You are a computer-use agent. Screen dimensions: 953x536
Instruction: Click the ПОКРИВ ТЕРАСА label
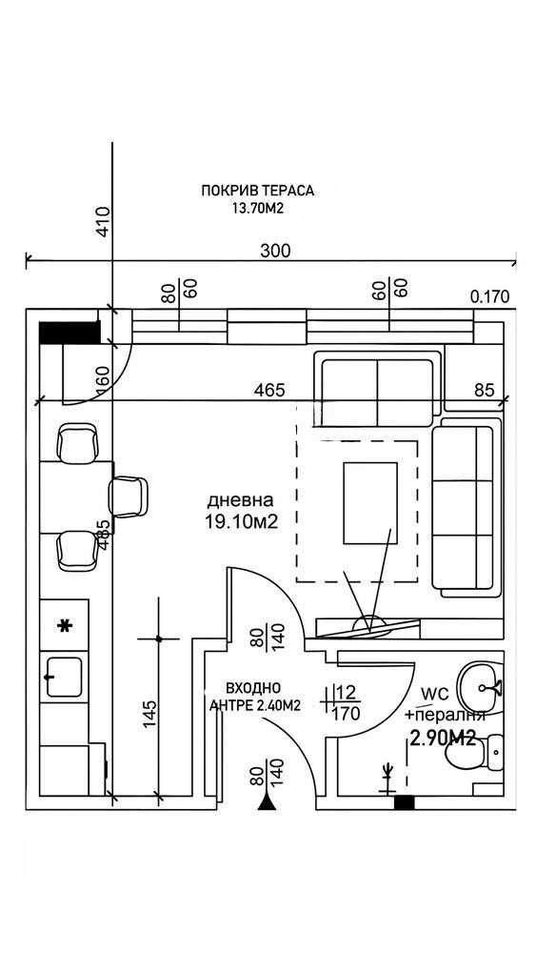click(x=257, y=191)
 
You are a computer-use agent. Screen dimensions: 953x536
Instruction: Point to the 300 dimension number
click(x=275, y=251)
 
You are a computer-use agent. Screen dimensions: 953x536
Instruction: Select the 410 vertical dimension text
click(x=104, y=221)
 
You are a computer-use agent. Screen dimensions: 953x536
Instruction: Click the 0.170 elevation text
click(x=490, y=296)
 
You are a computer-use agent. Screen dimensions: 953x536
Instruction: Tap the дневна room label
click(x=242, y=500)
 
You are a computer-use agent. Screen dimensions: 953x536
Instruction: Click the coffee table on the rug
click(x=370, y=502)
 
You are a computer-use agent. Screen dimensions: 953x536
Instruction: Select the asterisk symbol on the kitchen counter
click(x=65, y=626)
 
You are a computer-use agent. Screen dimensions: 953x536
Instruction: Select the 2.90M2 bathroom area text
click(x=443, y=737)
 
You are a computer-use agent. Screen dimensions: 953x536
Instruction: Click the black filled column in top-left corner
click(x=69, y=333)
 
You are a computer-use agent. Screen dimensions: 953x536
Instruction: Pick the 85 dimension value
click(x=485, y=391)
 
